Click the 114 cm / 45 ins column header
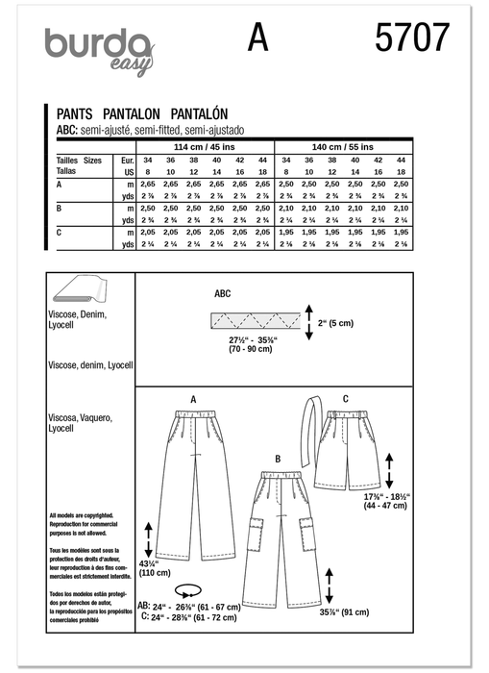click(202, 145)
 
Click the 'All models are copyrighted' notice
click(80, 516)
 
